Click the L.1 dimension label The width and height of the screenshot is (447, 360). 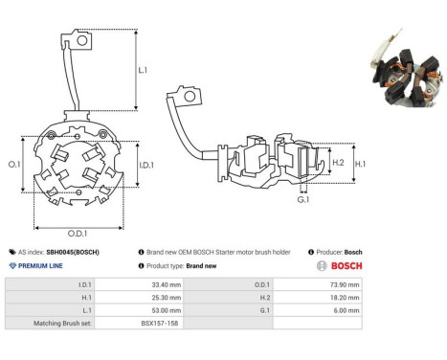click(143, 70)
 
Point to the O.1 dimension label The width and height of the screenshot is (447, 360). click(14, 165)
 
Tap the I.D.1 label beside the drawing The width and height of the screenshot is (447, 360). click(146, 165)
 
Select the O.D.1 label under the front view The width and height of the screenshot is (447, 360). click(78, 234)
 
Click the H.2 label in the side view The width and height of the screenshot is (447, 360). click(338, 163)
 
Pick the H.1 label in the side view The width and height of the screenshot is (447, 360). click(360, 164)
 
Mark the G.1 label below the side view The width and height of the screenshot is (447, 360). click(303, 200)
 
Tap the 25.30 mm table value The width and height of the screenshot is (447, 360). click(167, 298)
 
